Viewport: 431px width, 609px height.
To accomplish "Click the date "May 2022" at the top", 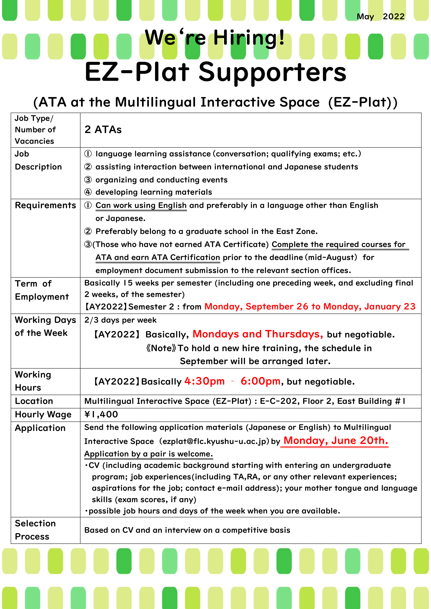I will click(x=380, y=17).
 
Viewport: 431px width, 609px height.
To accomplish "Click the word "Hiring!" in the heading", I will click(x=249, y=38).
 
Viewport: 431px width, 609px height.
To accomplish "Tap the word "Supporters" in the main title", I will click(x=272, y=72).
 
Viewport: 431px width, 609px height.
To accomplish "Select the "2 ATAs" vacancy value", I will click(x=103, y=130).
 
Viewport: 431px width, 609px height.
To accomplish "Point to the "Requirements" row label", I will click(x=45, y=205).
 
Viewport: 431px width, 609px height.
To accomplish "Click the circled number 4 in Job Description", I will click(x=88, y=192).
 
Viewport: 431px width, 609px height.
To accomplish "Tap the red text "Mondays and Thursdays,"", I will click(x=258, y=334).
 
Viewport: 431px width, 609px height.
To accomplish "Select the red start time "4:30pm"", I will click(x=204, y=381).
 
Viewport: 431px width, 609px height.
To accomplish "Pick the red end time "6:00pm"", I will click(x=260, y=381).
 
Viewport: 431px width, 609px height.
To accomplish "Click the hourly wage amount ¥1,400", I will click(x=101, y=414).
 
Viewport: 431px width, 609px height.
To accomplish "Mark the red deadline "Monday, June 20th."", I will click(x=336, y=441).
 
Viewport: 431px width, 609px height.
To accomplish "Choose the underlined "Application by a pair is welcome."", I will click(x=148, y=454).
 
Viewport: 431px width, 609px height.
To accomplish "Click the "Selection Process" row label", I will click(x=35, y=530).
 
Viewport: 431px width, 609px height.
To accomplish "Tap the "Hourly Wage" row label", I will click(x=43, y=414).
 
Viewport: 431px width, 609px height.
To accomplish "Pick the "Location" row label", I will click(x=34, y=401).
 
